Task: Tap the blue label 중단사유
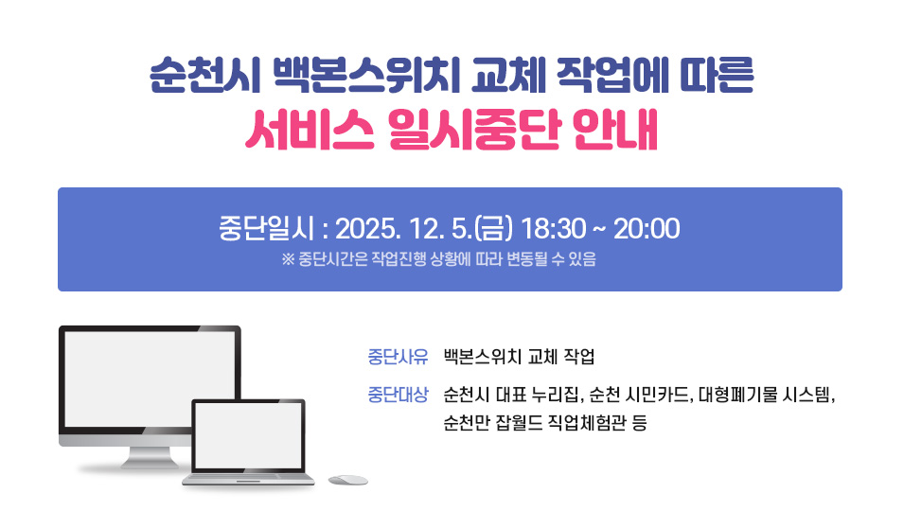click(398, 357)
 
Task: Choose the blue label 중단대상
click(398, 394)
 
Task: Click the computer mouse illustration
click(347, 480)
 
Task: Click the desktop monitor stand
click(142, 459)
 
